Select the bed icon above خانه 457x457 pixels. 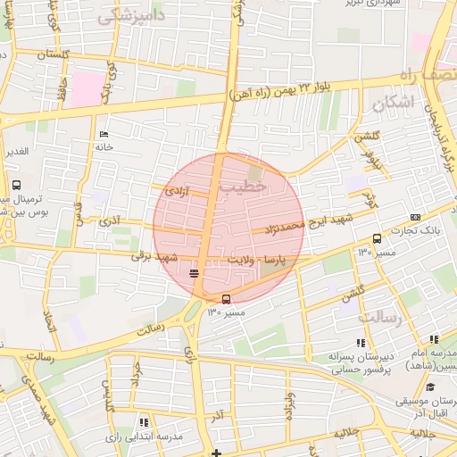[104, 134]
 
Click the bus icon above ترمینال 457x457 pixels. [16, 185]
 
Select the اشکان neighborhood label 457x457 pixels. [390, 103]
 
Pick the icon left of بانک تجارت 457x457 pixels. [416, 217]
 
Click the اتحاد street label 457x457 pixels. [50, 337]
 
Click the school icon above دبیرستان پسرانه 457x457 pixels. [361, 342]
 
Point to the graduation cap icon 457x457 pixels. [430, 388]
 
